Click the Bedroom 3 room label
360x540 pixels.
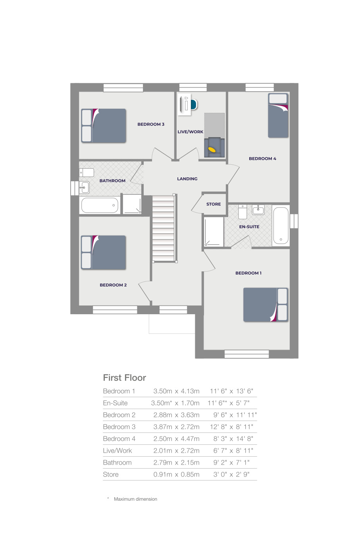(x=151, y=124)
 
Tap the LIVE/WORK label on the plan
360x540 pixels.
(x=190, y=132)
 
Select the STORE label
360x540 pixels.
(x=214, y=204)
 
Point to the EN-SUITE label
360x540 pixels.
(x=249, y=227)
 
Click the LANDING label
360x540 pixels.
(x=187, y=179)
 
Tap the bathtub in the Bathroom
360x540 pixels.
(x=100, y=205)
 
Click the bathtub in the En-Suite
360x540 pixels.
(x=281, y=225)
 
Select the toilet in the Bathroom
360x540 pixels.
(x=87, y=173)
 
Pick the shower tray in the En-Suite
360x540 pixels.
(x=214, y=232)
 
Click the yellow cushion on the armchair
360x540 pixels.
(x=212, y=150)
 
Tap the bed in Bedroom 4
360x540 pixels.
(x=278, y=116)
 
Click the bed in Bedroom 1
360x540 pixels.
(x=265, y=305)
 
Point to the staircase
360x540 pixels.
(x=163, y=228)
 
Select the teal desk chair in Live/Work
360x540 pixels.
(x=193, y=105)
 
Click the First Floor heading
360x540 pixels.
(x=125, y=378)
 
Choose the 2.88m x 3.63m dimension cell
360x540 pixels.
(x=176, y=415)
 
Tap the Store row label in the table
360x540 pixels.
(x=111, y=475)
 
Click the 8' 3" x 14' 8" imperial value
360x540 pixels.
(x=233, y=439)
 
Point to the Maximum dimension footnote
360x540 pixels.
(x=135, y=499)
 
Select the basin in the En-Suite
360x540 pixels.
(x=258, y=209)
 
